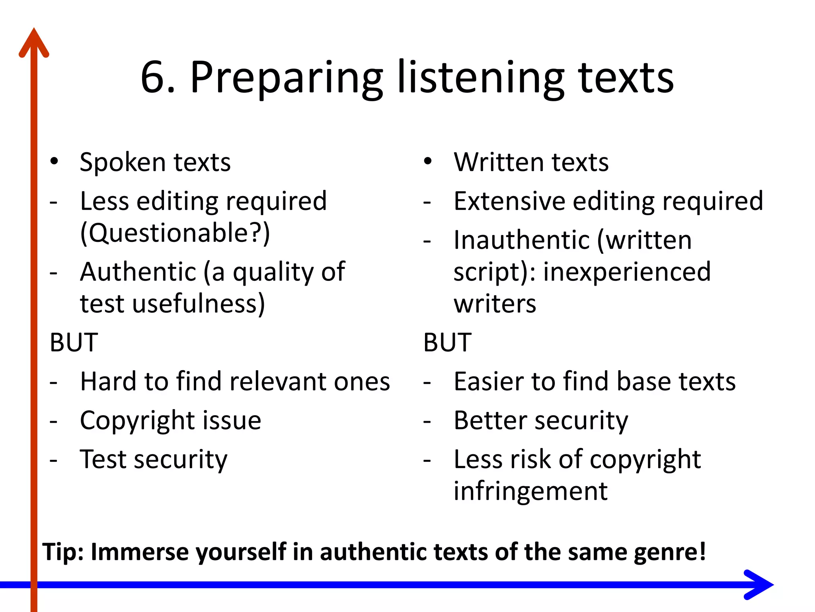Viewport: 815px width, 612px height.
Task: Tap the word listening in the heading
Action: tap(481, 78)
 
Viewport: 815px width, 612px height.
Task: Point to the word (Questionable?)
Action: tap(175, 233)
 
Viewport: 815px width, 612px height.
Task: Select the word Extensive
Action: tap(509, 201)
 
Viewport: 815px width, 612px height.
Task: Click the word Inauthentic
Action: tap(521, 240)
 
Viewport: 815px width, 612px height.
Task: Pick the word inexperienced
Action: tap(627, 272)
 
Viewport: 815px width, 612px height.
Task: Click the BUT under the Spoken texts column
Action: tap(74, 342)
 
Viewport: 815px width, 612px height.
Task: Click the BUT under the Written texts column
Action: tap(447, 342)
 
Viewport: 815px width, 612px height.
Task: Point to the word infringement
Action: tap(530, 491)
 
